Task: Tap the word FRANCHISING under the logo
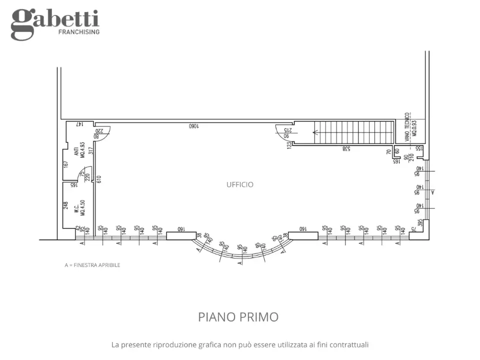pos(79,32)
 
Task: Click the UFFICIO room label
pos(240,184)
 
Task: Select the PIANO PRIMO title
pos(238,317)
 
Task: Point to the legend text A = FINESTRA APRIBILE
pos(92,265)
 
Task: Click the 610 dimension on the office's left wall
pos(98,178)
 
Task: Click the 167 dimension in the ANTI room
pos(65,164)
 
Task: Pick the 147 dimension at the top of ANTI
pos(78,123)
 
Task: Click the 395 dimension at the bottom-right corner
pos(421,223)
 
